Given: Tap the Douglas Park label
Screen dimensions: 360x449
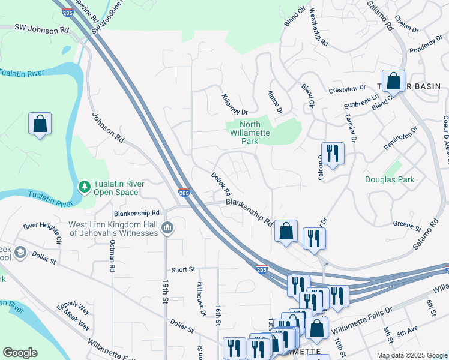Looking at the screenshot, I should (390, 179).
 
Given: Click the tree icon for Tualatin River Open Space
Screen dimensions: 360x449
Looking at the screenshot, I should (85, 187).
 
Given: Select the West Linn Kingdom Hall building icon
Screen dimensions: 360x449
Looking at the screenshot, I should (167, 228).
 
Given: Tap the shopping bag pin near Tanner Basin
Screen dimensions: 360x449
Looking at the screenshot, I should (393, 81).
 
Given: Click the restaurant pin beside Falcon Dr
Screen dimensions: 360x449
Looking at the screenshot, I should (332, 154).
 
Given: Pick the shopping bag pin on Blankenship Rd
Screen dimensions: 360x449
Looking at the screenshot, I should (286, 231).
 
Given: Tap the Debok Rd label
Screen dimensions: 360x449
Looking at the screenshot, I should (221, 185).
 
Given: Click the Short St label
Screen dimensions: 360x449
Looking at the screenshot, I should (183, 270).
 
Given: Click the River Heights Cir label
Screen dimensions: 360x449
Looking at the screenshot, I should (43, 232).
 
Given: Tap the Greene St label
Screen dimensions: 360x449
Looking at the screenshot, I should (406, 227).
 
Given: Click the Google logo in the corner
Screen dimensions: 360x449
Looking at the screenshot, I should (20, 353).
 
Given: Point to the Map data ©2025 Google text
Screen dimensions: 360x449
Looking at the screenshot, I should (412, 355).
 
